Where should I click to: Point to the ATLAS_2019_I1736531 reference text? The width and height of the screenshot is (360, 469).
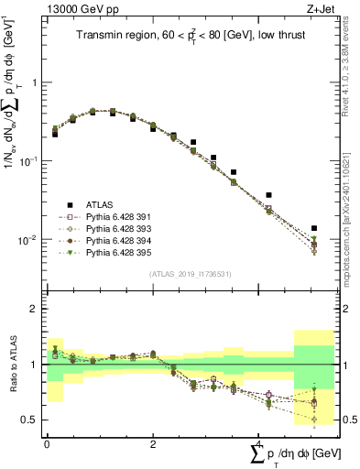tap(189, 274)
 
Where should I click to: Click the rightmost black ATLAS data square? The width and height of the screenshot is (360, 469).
tap(314, 228)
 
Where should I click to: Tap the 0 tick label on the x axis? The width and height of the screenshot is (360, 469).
tap(47, 442)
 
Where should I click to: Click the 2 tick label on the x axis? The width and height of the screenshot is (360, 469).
tap(152, 442)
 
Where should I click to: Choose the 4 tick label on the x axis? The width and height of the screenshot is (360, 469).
tap(257, 442)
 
